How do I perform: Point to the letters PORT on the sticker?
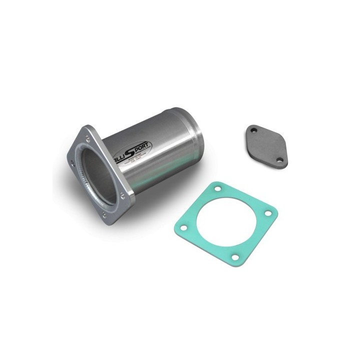[x=141, y=146]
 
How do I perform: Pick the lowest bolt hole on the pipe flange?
[x=103, y=215]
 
